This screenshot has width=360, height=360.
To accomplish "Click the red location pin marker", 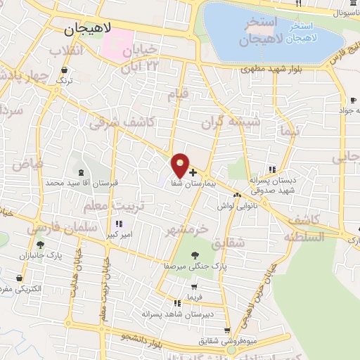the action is coord(181,165).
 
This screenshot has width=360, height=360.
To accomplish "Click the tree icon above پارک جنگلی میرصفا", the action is coord(195,255).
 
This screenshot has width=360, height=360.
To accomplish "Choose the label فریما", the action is coord(193,297).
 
